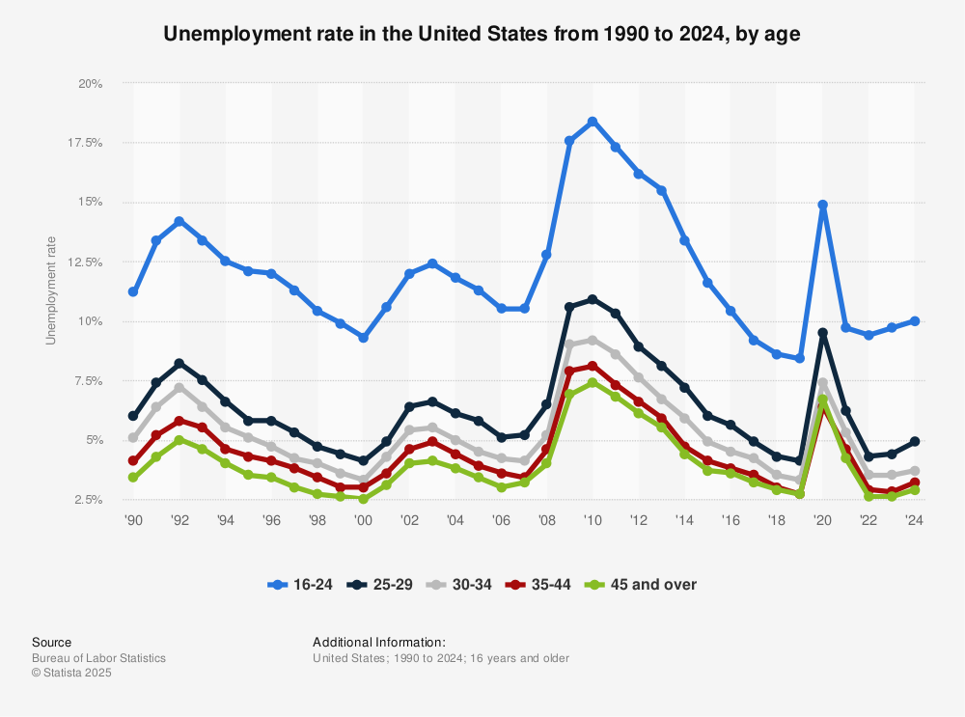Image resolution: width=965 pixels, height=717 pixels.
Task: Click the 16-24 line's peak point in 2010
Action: (593, 122)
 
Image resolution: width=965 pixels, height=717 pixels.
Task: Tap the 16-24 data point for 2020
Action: (822, 205)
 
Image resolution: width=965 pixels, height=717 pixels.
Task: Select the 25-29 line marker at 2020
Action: (822, 333)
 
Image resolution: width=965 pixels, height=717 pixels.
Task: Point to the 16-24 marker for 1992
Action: (179, 221)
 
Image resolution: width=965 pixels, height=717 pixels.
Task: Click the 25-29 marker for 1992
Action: (179, 363)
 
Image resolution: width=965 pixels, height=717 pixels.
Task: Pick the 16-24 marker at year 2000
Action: (363, 338)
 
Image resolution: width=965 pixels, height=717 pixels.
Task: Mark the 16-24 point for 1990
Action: (133, 291)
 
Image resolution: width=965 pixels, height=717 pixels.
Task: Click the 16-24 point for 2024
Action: (914, 320)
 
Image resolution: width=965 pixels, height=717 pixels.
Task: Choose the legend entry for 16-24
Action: (302, 584)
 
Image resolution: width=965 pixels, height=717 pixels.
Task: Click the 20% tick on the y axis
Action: (91, 83)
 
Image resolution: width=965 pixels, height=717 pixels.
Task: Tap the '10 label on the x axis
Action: (593, 519)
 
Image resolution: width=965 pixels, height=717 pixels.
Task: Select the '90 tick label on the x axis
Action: (133, 519)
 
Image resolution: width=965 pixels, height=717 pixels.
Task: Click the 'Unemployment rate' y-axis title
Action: (51, 290)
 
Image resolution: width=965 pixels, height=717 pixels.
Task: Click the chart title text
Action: (482, 35)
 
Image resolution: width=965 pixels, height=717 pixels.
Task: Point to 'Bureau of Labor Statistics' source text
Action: (98, 658)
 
